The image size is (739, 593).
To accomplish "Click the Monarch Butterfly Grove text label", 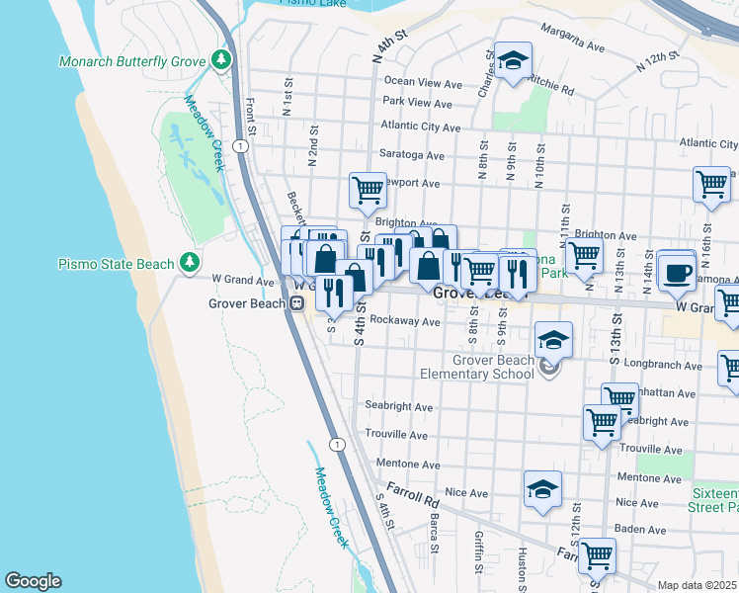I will click(x=131, y=61).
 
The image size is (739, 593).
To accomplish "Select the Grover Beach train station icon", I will click(x=295, y=303).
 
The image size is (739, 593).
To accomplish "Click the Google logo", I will click(x=33, y=581).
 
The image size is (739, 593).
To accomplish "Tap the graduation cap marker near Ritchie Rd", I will click(x=513, y=62).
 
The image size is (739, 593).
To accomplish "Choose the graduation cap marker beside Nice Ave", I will click(x=541, y=490).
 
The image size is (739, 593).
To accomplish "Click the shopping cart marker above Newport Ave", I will click(x=368, y=189).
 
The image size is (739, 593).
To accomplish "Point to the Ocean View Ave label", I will click(x=423, y=83).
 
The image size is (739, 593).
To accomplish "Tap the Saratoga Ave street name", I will click(x=412, y=155).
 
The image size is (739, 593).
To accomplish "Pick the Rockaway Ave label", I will click(x=404, y=321).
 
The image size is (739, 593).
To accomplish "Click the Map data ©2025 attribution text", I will click(x=698, y=585).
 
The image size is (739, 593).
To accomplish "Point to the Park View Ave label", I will click(x=417, y=102).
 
